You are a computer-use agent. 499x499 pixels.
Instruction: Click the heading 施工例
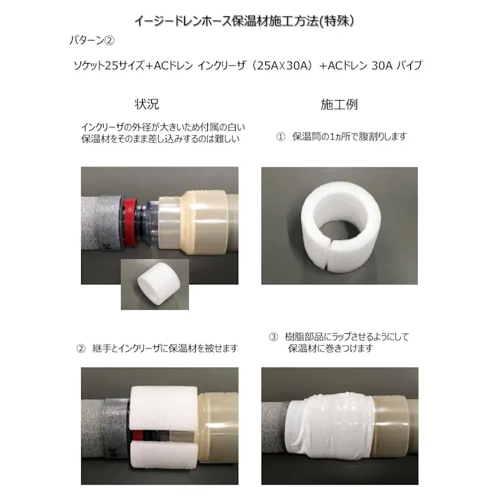coord(339,104)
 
